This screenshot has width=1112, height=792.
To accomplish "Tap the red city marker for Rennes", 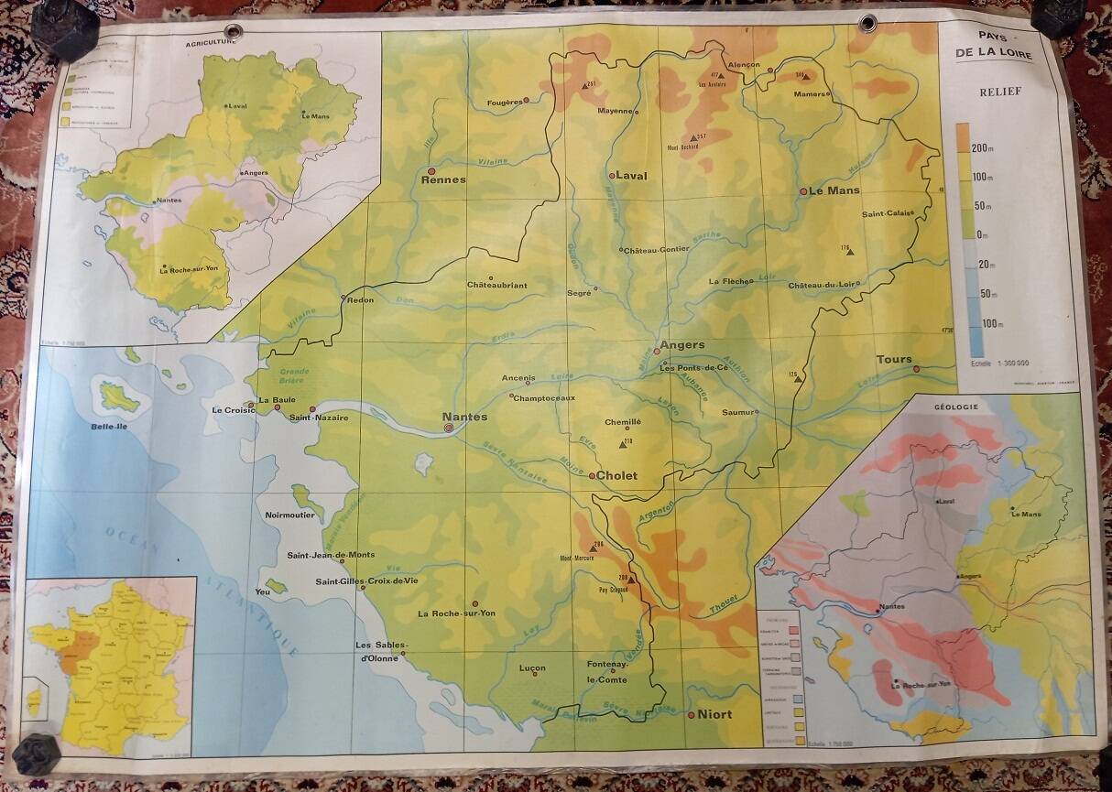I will [x=431, y=169].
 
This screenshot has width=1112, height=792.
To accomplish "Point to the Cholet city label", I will [x=617, y=476].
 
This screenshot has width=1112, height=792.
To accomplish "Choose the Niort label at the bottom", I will [x=715, y=714].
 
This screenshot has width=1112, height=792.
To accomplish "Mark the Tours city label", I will [x=894, y=360].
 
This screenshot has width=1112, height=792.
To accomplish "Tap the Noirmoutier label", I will [x=289, y=515].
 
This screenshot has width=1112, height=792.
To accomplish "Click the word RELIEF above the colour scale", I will [x=1000, y=92].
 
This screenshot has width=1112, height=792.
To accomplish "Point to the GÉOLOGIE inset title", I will [x=956, y=407].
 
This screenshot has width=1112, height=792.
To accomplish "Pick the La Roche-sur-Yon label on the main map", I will [x=456, y=613].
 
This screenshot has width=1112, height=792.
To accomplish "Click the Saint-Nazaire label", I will [x=318, y=418].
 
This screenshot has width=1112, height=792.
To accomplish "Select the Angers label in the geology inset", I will [x=973, y=576].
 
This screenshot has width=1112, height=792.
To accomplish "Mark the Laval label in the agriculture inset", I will [x=237, y=106].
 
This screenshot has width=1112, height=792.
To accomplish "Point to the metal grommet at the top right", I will [x=867, y=22].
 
